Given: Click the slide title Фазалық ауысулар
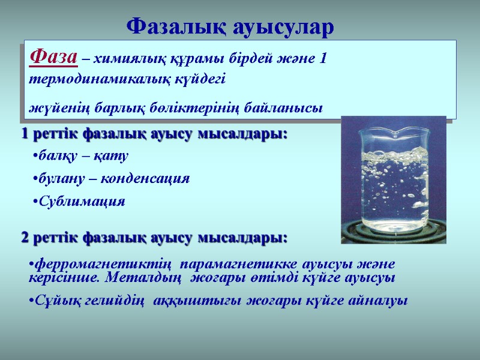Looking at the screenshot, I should click(x=231, y=26).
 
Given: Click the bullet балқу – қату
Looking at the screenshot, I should click(x=81, y=156).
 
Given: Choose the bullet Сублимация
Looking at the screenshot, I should click(x=79, y=202).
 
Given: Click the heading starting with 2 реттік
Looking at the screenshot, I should click(x=154, y=238).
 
